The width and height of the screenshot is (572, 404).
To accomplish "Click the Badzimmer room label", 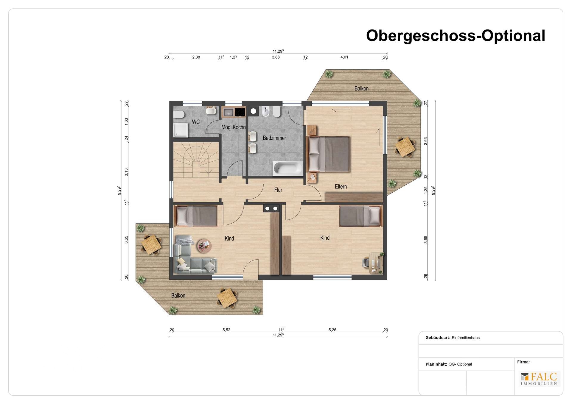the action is pyautogui.click(x=274, y=138).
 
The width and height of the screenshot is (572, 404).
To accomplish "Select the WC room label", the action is pyautogui.click(x=196, y=122).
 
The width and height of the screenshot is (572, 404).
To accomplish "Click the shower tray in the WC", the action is pyautogui.click(x=181, y=130).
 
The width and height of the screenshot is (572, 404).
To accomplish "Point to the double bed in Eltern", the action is pyautogui.click(x=328, y=154).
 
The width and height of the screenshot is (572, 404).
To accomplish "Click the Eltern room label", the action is pyautogui.click(x=341, y=187).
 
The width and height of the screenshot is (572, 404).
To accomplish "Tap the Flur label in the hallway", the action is pyautogui.click(x=278, y=190).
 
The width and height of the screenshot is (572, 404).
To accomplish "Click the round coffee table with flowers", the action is pyautogui.click(x=204, y=246).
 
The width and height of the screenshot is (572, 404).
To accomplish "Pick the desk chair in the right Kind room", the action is pyautogui.click(x=366, y=263).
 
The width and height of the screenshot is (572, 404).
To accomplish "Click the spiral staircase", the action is pyautogui.click(x=196, y=160).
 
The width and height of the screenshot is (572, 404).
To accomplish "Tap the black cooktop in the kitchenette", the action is pyautogui.click(x=240, y=112).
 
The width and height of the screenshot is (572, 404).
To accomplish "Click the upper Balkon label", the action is pyautogui.click(x=361, y=88).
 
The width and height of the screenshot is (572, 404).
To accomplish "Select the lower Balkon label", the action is pyautogui.click(x=178, y=296).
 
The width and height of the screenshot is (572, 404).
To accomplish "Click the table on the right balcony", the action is pyautogui.click(x=405, y=147).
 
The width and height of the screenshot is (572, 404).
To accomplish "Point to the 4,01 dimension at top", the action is pyautogui.click(x=344, y=57).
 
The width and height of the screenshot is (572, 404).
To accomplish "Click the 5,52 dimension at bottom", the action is pyautogui.click(x=226, y=330).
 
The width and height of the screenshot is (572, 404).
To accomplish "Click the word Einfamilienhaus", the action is pyautogui.click(x=466, y=338).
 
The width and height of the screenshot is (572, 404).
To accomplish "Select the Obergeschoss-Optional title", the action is pyautogui.click(x=456, y=36).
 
